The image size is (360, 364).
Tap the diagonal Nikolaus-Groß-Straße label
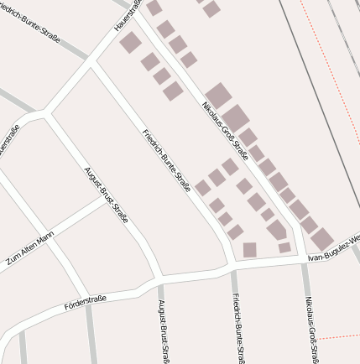(225, 130)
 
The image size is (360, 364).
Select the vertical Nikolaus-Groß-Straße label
(312, 329)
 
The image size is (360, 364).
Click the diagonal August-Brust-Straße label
(106, 195)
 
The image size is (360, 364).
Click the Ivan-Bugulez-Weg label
(334, 249)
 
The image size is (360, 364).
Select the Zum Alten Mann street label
(30, 247)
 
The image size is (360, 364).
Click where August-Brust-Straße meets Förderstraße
(157, 278)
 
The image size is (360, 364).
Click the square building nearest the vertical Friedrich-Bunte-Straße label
(249, 249)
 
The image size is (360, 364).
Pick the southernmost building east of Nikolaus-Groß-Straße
(321, 239)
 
